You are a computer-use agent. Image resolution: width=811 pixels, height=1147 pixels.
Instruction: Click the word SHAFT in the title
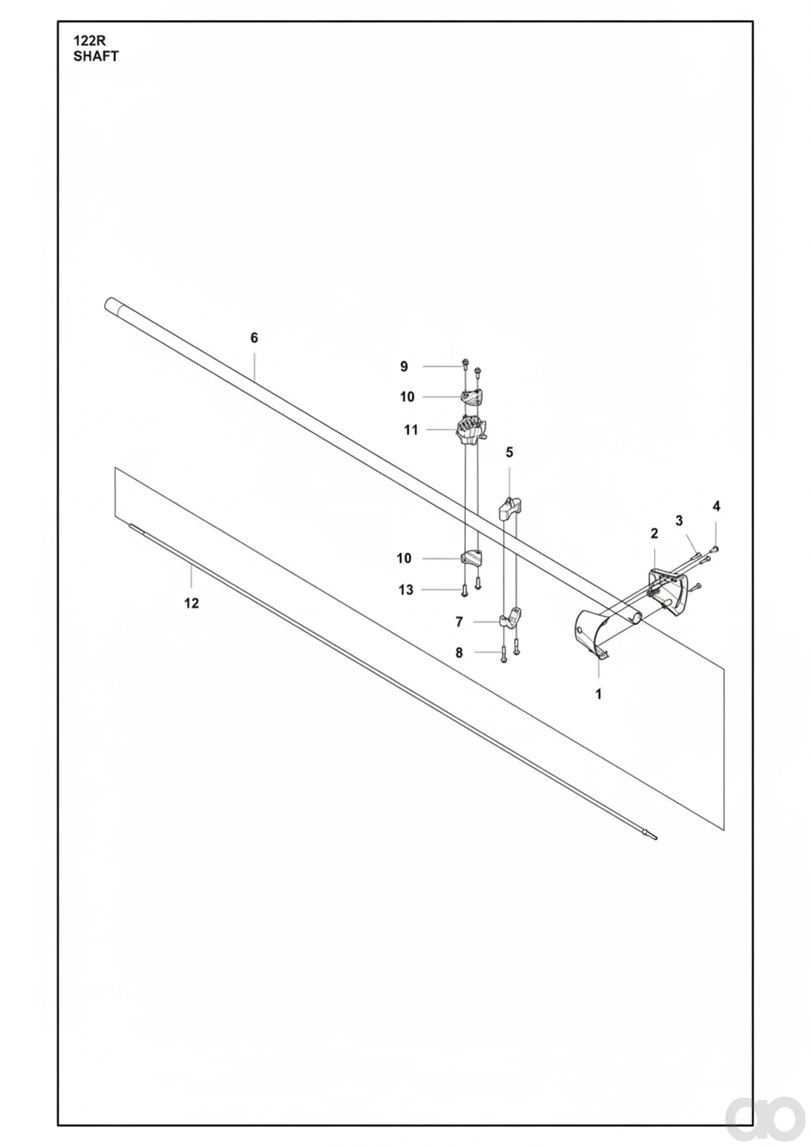pyautogui.click(x=96, y=56)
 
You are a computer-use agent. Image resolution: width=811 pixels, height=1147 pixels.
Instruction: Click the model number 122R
pyautogui.click(x=89, y=41)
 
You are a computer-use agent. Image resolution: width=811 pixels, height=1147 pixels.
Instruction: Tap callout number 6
pyautogui.click(x=254, y=338)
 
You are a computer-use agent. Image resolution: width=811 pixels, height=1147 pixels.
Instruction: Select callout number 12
pyautogui.click(x=191, y=603)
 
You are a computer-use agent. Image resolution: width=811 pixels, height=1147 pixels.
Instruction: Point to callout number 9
pyautogui.click(x=404, y=367)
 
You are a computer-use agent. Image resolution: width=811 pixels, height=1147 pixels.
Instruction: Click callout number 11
pyautogui.click(x=411, y=430)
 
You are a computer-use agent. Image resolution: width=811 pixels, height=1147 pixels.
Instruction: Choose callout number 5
pyautogui.click(x=509, y=453)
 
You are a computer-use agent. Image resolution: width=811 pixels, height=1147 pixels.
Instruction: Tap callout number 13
pyautogui.click(x=406, y=590)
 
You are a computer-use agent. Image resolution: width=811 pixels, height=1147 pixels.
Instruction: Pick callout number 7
pyautogui.click(x=459, y=622)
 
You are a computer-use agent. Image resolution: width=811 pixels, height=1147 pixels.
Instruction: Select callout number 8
pyautogui.click(x=459, y=653)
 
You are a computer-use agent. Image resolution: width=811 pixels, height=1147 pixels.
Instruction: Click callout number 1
pyautogui.click(x=599, y=694)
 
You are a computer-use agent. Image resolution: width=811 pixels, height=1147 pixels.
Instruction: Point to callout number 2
pyautogui.click(x=654, y=533)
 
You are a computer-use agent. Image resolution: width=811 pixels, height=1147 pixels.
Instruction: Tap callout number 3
pyautogui.click(x=679, y=520)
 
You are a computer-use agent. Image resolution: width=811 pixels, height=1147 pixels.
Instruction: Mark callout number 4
pyautogui.click(x=716, y=506)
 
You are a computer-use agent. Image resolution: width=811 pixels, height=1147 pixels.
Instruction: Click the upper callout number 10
pyautogui.click(x=407, y=397)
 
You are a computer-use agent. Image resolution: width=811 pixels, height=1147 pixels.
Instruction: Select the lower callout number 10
pyautogui.click(x=404, y=559)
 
